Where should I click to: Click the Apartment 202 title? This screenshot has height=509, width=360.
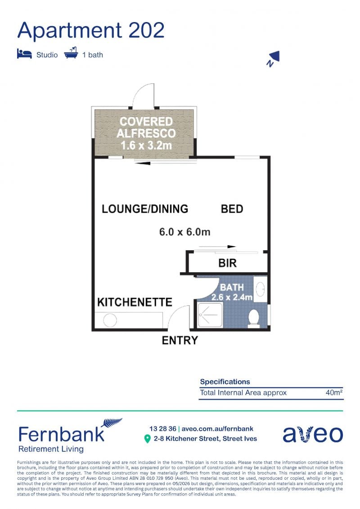click(91, 31)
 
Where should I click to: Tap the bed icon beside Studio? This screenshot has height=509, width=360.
click(24, 54)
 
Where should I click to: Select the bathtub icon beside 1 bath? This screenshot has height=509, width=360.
click(71, 53)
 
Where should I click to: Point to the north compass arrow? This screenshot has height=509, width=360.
click(273, 58)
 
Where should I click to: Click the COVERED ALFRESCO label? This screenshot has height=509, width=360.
click(146, 127)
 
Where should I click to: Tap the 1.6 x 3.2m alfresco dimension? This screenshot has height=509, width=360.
click(146, 145)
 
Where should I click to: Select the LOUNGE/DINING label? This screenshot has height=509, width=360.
click(145, 209)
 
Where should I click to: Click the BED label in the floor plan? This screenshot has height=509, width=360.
click(232, 209)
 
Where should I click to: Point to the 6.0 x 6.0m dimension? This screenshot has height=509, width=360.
click(184, 232)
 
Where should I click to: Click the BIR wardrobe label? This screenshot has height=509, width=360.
click(228, 263)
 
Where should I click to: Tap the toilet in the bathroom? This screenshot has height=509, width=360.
click(253, 318)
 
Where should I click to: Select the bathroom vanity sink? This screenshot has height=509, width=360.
click(260, 289)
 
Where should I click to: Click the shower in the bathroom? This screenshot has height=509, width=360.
click(210, 315)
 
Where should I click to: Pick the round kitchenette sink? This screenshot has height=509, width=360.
click(110, 321)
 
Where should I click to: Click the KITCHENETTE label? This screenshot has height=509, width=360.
click(135, 302)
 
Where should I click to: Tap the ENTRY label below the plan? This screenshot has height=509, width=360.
click(180, 340)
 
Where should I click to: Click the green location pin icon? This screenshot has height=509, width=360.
click(148, 439)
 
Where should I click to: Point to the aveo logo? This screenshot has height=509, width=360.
click(313, 434)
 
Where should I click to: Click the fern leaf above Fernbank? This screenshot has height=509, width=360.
click(112, 422)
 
